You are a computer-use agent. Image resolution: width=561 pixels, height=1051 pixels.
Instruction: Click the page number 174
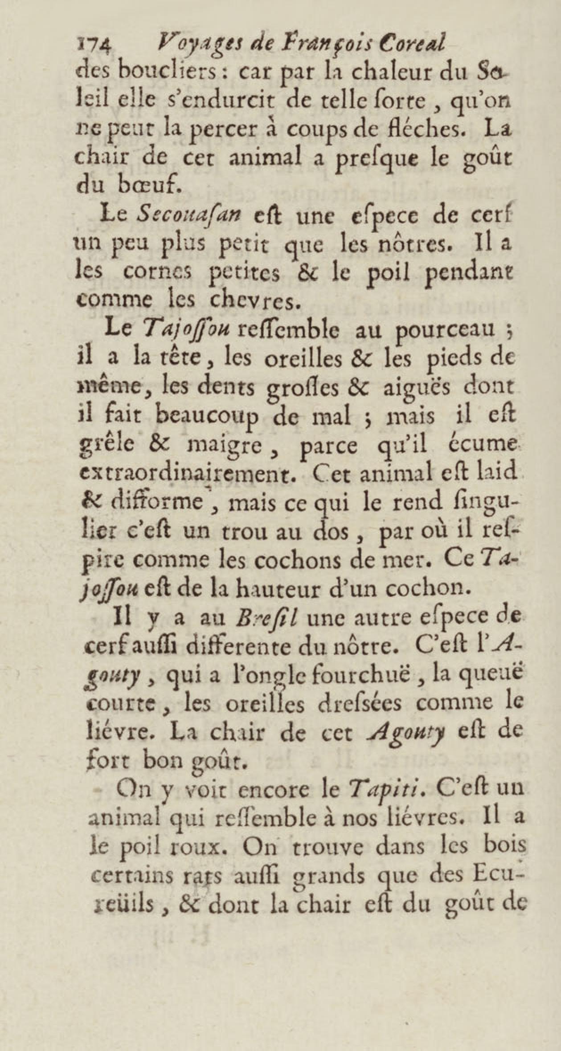(93, 45)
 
